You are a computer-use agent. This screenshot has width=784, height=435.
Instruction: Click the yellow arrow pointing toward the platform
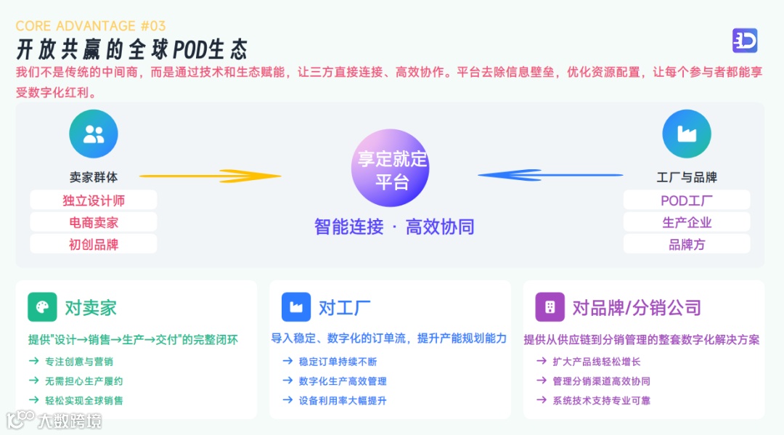click(x=210, y=176)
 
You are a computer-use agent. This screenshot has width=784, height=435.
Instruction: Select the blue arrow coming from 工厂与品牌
click(x=550, y=175)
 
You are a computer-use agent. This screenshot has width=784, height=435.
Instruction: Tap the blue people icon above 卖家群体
click(x=94, y=134)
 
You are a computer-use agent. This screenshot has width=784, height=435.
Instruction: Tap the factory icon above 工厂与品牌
click(x=686, y=134)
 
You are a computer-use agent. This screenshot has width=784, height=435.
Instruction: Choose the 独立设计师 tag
click(x=94, y=200)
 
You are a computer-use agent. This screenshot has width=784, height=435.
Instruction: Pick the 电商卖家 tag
click(x=94, y=222)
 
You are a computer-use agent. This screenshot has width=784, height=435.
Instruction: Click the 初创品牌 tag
click(x=94, y=244)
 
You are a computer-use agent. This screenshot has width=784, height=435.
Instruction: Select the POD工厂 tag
click(x=686, y=200)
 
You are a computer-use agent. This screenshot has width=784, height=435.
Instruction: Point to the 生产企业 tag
click(x=686, y=222)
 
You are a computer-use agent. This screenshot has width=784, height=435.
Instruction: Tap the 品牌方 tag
click(x=686, y=244)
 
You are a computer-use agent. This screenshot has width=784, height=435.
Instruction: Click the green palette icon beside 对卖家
click(x=42, y=307)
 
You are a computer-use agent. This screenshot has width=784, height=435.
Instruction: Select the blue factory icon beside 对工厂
click(x=295, y=307)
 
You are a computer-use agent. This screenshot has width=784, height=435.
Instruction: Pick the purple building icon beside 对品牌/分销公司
click(x=550, y=307)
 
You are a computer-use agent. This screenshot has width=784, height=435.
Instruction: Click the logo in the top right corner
click(x=745, y=41)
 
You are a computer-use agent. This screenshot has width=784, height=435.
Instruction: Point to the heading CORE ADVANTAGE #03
click(x=91, y=26)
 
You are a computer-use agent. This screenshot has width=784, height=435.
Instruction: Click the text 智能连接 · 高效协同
click(x=393, y=227)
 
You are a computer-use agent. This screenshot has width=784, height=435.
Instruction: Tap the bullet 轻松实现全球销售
click(x=83, y=400)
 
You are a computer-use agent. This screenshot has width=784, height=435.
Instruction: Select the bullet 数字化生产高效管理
click(x=342, y=381)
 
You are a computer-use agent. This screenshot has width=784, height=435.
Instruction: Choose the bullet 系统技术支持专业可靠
click(x=601, y=400)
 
